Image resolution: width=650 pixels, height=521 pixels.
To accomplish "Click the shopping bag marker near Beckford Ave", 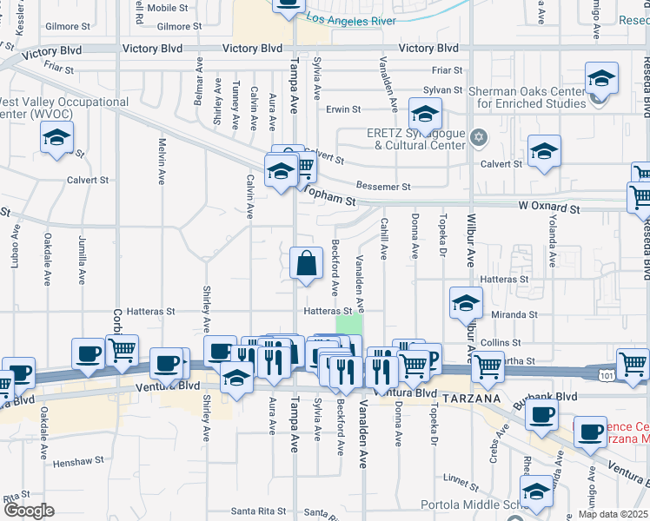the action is point(306,264).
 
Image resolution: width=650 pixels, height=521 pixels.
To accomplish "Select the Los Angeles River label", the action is point(351,19).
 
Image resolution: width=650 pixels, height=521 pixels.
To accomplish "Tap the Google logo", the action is point(29,510).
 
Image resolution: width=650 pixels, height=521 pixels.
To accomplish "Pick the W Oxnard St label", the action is point(549,208).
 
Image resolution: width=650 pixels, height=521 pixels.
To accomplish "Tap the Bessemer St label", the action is point(383,187).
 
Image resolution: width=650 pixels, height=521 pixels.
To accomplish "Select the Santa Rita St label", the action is point(257,511).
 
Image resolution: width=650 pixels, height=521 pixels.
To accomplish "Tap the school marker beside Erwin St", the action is point(425,114).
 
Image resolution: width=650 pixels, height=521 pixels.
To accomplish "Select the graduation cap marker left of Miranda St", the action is point(466,304).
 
